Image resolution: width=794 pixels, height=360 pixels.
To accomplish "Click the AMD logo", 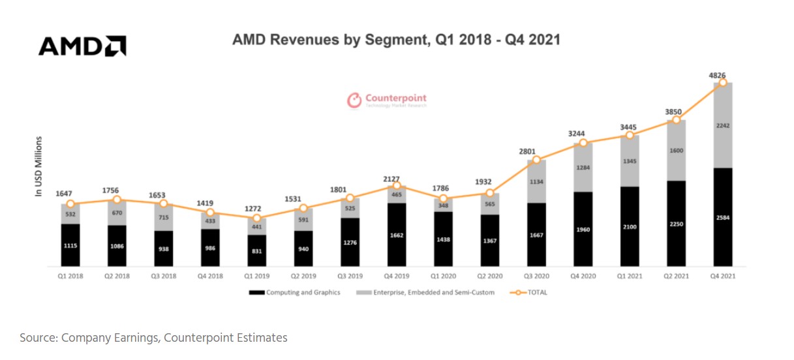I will (82, 46).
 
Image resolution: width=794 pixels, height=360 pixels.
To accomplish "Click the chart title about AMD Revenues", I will (396, 40).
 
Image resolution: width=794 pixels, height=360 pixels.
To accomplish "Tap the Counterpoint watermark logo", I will (386, 100).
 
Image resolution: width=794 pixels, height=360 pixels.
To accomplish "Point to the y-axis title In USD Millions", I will (38, 166).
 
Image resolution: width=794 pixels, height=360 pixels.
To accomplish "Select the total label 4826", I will (718, 75).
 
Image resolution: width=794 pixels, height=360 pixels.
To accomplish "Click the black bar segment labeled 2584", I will (722, 217).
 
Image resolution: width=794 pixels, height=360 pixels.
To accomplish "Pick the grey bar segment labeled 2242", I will (722, 126).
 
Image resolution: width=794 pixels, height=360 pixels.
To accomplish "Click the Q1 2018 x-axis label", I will (70, 276).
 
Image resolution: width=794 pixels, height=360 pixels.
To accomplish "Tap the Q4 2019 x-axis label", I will (396, 276).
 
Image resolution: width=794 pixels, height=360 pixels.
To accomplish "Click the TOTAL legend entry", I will (534, 293).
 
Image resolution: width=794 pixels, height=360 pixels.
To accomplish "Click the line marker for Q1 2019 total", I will (257, 218).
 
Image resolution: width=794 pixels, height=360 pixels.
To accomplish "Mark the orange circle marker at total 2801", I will (536, 160).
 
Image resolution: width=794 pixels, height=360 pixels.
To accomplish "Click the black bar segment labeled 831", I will (257, 250).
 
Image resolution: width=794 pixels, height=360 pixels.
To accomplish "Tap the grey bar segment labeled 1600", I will (676, 151).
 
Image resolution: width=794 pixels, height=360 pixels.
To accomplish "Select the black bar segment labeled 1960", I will (583, 229).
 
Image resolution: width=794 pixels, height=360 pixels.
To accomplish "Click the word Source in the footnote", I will (37, 338).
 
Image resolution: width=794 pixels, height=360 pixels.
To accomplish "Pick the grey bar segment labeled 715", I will (164, 217).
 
